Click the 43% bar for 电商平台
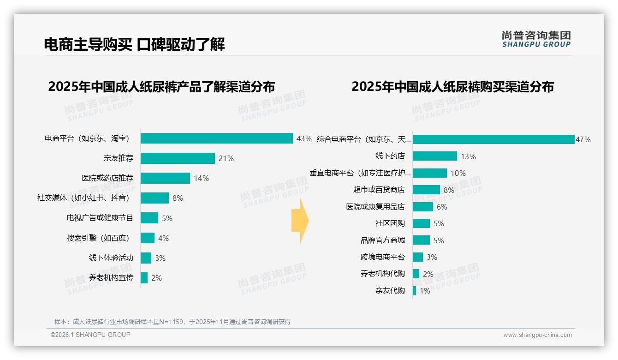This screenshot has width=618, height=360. click(217, 138)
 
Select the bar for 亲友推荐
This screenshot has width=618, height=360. click(178, 158)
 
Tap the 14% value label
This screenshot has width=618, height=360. click(201, 178)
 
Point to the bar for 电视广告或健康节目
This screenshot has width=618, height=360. click(149, 218)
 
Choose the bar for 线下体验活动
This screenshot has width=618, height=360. click(146, 258)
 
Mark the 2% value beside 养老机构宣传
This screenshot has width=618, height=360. click(156, 278)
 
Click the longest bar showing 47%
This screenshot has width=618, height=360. click(493, 139)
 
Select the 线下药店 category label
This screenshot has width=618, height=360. click(390, 156)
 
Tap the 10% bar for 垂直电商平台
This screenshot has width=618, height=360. click(430, 173)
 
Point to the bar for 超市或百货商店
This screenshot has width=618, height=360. click(426, 190)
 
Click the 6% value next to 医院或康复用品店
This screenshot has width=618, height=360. click(442, 207)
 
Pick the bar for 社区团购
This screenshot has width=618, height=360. click(421, 223)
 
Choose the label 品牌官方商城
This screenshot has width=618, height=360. click(382, 240)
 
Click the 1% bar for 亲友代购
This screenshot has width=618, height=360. click(414, 291)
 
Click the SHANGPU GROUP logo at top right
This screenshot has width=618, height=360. click(536, 39)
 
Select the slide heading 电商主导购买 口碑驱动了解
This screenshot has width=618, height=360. click(134, 44)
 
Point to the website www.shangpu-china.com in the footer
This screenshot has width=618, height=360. click(537, 335)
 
